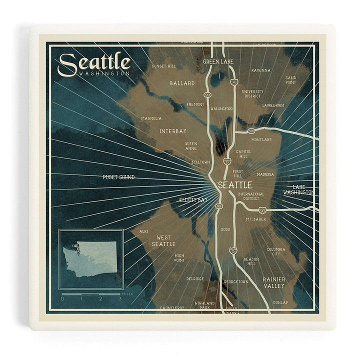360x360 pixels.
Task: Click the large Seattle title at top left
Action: point(94,63)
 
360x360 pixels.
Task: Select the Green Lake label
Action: point(218,61)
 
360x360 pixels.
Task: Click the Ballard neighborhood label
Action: point(182,83)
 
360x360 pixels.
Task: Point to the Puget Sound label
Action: point(118,177)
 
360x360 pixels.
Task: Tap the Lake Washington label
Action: point(298,189)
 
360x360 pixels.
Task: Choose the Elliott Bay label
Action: point(193,200)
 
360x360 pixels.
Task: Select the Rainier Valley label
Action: point(273,282)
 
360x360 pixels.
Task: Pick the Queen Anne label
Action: point(190,146)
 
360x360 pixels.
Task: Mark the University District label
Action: point(252,94)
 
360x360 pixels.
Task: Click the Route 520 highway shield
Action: point(251,131)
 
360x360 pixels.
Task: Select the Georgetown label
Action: point(236,282)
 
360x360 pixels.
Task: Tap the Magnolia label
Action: point(151,118)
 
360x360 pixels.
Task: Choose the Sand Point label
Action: point(290,80)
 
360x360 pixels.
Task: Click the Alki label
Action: point(144,231)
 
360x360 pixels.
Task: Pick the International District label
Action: point(251,196)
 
